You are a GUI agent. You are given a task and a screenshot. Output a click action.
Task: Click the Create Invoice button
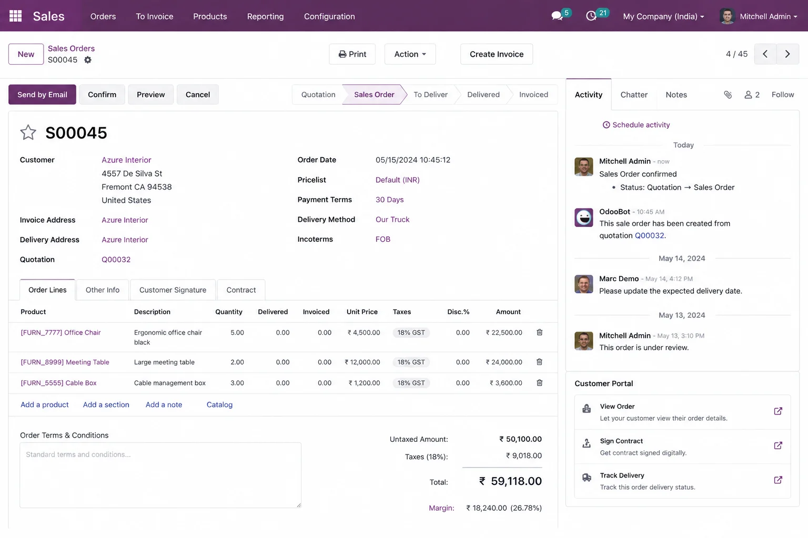point(497,54)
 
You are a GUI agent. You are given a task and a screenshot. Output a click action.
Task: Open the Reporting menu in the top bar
point(265,16)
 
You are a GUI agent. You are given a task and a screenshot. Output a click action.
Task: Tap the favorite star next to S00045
point(28,132)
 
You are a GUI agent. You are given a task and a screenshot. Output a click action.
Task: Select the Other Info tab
point(103,289)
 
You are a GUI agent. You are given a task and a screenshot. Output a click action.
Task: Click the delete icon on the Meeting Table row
point(539,362)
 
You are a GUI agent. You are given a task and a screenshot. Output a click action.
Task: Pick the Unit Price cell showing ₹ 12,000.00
point(362,362)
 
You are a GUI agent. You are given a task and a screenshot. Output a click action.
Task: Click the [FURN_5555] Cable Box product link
point(58,382)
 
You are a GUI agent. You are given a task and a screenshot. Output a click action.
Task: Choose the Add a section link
point(106,405)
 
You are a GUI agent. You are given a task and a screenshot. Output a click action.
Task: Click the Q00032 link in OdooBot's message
point(649,235)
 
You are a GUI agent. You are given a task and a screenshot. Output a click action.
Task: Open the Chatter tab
point(634,95)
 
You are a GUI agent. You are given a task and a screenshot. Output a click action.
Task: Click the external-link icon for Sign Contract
point(778,446)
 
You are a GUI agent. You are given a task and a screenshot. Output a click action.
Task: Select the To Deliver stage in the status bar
point(430,95)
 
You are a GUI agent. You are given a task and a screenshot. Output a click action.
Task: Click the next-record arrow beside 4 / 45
point(787,54)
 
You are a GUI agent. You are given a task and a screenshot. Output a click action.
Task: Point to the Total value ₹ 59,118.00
point(510,481)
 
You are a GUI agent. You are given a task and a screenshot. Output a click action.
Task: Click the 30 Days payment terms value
point(390,199)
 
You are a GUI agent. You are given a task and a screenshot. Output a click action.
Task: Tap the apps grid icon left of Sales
point(15,16)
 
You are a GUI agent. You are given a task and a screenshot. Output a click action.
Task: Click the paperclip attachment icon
point(728,95)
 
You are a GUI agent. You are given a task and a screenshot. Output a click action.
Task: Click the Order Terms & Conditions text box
point(160,475)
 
